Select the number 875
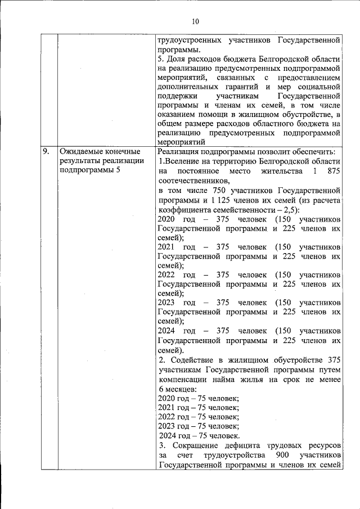[x=331, y=171]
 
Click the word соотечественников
[x=194, y=181]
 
